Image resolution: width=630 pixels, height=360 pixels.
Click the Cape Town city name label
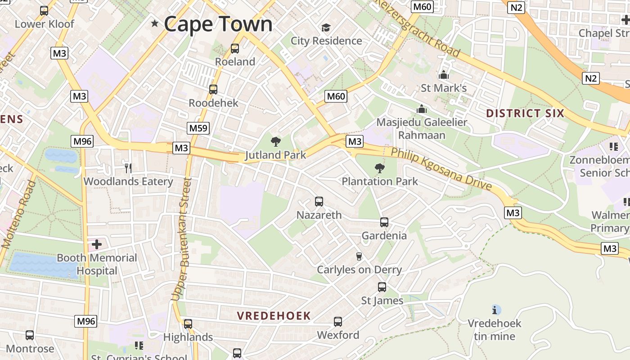218,24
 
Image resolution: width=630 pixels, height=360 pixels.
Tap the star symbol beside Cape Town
155,23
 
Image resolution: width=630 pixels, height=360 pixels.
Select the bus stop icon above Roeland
234,49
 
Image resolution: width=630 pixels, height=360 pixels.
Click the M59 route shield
198,128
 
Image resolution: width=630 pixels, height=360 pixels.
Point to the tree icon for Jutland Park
276,142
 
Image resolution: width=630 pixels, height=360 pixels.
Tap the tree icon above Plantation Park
380,169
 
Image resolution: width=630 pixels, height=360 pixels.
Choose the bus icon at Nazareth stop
319,202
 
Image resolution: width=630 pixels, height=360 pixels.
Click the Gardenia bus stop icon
384,222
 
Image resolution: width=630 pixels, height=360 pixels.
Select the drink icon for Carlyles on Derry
359,256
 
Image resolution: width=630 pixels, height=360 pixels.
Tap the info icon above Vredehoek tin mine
496,310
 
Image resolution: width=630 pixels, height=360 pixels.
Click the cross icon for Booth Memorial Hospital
97,245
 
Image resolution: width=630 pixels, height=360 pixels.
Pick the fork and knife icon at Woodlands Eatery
128,168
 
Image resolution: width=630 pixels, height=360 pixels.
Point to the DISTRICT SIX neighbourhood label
525,113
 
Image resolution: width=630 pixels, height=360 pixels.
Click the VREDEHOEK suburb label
274,316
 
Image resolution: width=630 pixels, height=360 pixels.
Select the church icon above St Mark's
444,75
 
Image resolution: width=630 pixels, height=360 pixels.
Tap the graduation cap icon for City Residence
326,28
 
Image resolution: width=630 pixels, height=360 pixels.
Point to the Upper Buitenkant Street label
182,238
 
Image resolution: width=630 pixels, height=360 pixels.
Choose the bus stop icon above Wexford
338,322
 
